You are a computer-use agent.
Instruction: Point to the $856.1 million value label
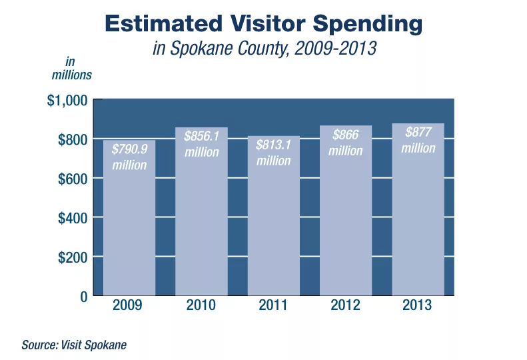[x=202, y=144]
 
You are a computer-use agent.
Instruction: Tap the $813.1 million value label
[x=274, y=153]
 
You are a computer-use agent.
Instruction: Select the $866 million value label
[x=345, y=143]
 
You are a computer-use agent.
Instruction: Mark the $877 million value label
[x=418, y=140]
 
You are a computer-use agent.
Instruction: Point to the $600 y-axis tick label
[x=72, y=179]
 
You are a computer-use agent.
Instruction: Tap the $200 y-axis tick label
[x=72, y=257]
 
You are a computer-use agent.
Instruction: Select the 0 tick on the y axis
[x=83, y=296]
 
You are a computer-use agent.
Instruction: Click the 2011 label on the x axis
[x=273, y=306]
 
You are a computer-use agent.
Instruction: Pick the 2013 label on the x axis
[x=418, y=306]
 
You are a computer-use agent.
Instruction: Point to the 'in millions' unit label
[x=72, y=69]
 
